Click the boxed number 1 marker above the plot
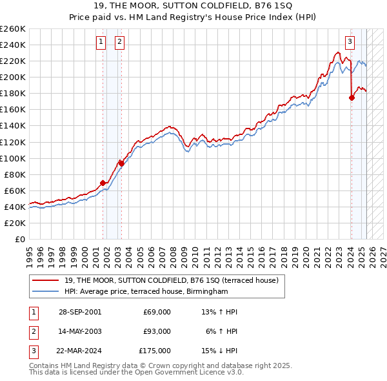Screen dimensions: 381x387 (x=101, y=43)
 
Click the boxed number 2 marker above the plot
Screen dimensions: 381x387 (x=120, y=43)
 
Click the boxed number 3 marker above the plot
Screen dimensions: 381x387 (x=350, y=43)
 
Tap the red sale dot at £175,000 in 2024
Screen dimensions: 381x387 (x=352, y=98)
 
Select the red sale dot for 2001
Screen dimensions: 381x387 (x=103, y=183)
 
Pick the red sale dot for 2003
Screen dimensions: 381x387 (x=121, y=163)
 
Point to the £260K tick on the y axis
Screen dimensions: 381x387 (x=13, y=29)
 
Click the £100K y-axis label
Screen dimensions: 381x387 (x=13, y=158)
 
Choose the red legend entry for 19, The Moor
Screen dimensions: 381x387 (x=171, y=280)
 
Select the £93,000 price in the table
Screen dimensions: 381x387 (x=157, y=331)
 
